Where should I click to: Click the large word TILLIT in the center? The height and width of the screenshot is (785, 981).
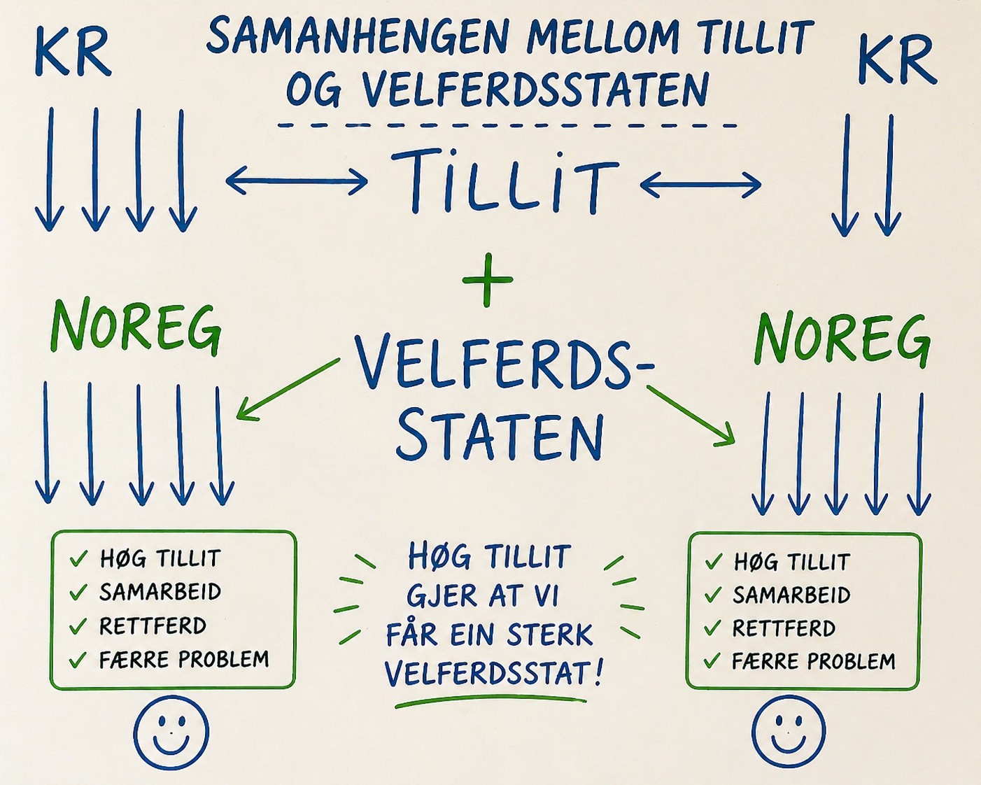click(x=504, y=182)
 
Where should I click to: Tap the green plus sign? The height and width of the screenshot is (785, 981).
click(x=487, y=279)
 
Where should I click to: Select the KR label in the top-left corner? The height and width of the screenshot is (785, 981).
click(x=73, y=52)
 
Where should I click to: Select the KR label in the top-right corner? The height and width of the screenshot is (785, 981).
click(x=897, y=60)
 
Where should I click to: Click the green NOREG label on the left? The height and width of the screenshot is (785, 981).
click(x=136, y=327)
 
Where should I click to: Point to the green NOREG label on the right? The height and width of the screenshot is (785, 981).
click(x=842, y=339)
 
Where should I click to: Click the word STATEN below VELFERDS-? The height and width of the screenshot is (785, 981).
click(x=500, y=437)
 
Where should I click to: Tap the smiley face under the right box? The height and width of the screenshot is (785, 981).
click(x=788, y=731)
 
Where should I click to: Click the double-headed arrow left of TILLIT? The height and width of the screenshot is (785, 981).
click(x=297, y=181)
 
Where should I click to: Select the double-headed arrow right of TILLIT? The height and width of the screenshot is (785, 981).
click(x=700, y=184)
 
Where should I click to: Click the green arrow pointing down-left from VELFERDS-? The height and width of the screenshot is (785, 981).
click(x=288, y=388)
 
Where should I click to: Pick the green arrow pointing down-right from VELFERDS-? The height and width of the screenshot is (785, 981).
click(x=691, y=415)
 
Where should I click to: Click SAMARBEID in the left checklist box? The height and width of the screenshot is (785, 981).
click(x=160, y=591)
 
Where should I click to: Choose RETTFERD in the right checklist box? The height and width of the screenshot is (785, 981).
click(x=784, y=628)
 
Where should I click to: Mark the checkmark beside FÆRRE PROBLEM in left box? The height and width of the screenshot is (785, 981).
click(x=78, y=659)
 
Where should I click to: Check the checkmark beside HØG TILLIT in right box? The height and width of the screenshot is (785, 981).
click(x=714, y=561)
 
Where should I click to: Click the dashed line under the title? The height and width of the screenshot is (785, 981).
click(x=507, y=125)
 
